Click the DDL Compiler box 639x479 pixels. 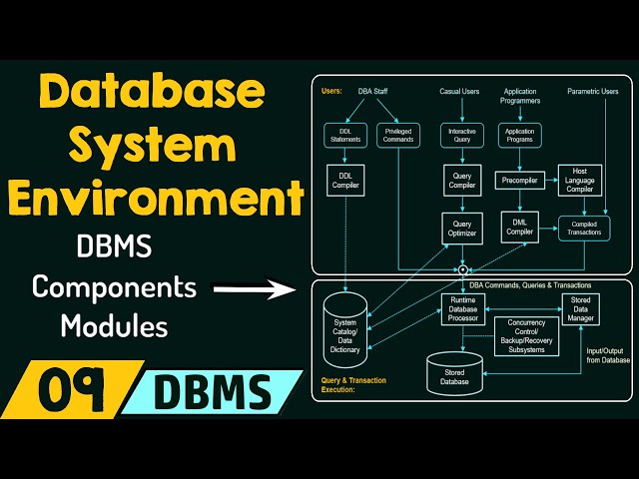(345, 181)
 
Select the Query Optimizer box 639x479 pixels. (462, 229)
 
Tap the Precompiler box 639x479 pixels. (519, 181)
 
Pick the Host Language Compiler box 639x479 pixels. (579, 181)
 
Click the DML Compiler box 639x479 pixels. (519, 228)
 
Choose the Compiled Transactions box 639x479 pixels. (584, 229)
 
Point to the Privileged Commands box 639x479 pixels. (398, 136)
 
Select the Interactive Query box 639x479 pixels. (462, 136)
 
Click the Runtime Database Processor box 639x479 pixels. (463, 309)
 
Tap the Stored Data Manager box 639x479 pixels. (580, 309)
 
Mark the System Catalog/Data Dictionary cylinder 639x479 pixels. (345, 330)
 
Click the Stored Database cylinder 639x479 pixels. (454, 374)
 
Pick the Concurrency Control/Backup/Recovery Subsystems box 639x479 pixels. (526, 336)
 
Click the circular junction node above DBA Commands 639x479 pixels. (462, 269)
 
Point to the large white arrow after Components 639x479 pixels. (255, 288)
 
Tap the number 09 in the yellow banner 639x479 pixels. (70, 389)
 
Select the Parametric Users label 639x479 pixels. (592, 91)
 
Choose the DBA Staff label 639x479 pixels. (372, 91)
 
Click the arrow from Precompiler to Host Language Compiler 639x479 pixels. (551, 180)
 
